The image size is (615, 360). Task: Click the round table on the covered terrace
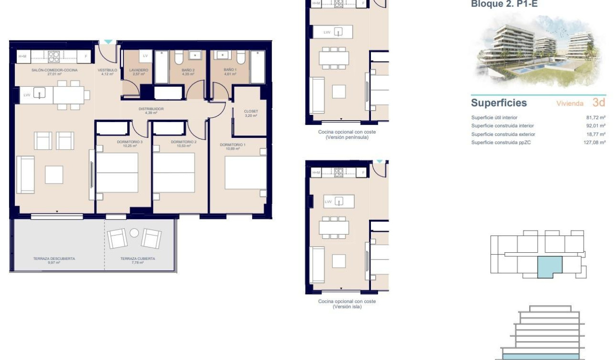coord(134,233)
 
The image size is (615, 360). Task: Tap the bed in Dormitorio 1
coord(245,172)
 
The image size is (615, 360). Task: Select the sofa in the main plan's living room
coord(25,175)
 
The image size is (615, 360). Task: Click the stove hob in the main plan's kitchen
coord(54,57)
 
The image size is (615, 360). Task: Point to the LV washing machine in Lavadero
coord(145,56)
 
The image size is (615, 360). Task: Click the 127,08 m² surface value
coord(594,143)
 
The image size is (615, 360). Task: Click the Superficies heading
coord(499,103)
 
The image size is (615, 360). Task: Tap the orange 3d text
coord(599,103)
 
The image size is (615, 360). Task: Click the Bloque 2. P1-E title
coord(504,4)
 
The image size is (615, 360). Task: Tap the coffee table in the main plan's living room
coord(54,175)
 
